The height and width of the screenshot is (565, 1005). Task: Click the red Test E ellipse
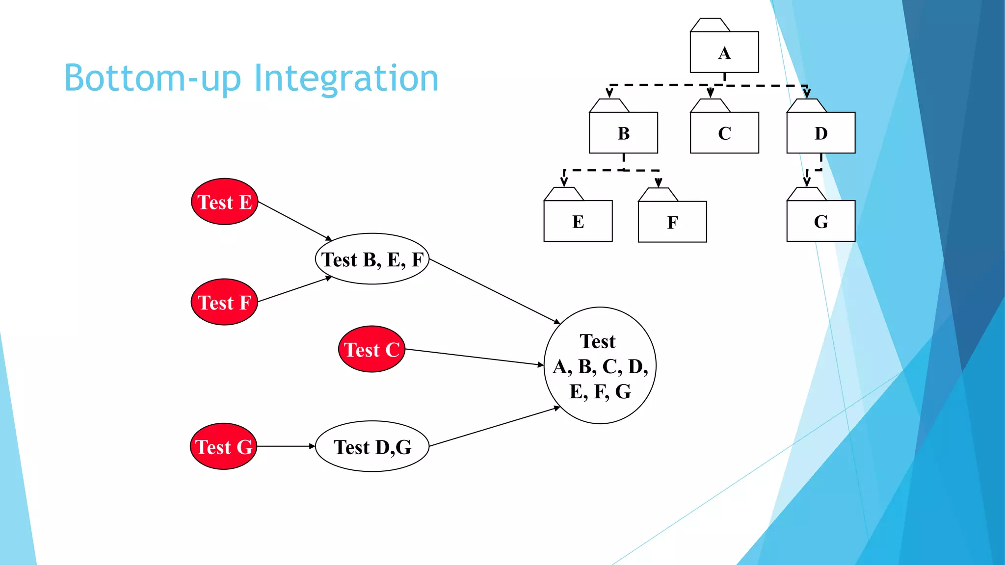click(224, 202)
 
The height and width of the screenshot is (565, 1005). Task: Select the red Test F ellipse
click(224, 302)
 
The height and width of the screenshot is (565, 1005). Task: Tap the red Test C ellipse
click(371, 349)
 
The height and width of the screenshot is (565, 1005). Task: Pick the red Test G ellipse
click(223, 446)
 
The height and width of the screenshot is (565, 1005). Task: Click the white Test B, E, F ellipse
click(372, 259)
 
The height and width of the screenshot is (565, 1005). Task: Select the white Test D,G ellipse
click(372, 446)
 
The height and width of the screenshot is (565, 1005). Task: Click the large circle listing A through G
click(600, 365)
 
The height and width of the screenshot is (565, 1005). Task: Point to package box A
click(724, 52)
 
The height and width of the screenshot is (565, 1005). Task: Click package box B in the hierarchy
click(623, 132)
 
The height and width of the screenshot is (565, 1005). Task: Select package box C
click(724, 132)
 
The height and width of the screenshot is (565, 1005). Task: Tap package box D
click(820, 132)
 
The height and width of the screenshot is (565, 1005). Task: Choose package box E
click(578, 221)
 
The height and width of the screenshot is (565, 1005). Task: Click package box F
click(672, 222)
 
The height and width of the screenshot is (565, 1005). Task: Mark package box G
click(820, 221)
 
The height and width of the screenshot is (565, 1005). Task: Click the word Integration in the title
click(345, 78)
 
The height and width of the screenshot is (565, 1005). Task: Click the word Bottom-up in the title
click(152, 78)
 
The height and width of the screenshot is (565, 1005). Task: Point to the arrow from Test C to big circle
click(474, 357)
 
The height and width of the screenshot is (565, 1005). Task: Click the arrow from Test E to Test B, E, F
click(294, 221)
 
